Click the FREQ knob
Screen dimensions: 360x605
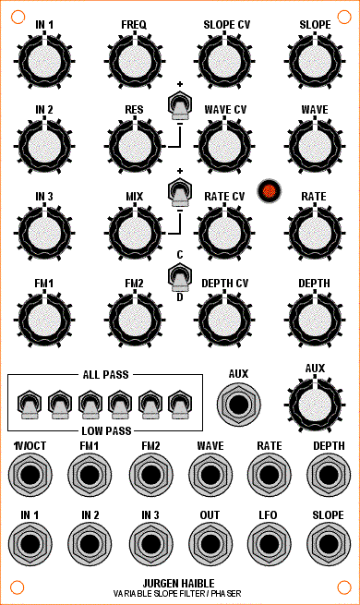coord(135,61)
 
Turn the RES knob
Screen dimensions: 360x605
coord(135,147)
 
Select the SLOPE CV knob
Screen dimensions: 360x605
coord(224,61)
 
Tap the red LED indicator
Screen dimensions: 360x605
coord(269,190)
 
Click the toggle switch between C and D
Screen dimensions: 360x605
coord(180,277)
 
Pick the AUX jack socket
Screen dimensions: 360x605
coord(238,405)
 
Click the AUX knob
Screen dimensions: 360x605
coord(315,405)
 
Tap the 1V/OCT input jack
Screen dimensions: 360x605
coord(30,474)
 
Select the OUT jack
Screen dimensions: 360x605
coord(210,544)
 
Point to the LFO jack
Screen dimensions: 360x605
coord(269,544)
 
